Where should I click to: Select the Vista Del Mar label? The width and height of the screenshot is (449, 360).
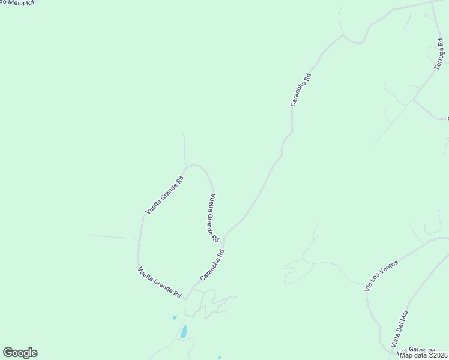[x=399, y=328]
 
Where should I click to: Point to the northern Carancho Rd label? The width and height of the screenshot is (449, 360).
[x=301, y=90]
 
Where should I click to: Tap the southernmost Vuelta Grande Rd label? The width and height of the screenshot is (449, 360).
[x=160, y=283]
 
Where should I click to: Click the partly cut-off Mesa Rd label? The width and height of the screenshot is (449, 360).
[x=17, y=2]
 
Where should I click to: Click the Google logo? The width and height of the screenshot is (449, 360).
[x=20, y=353]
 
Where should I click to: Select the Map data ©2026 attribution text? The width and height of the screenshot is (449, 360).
[x=424, y=355]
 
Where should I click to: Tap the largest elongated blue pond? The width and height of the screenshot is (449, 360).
[x=184, y=332]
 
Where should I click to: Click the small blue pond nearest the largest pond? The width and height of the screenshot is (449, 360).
[x=175, y=317]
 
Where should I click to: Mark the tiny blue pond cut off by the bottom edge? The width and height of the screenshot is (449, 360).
[x=220, y=358]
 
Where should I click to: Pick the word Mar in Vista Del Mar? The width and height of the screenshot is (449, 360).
[x=405, y=316]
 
